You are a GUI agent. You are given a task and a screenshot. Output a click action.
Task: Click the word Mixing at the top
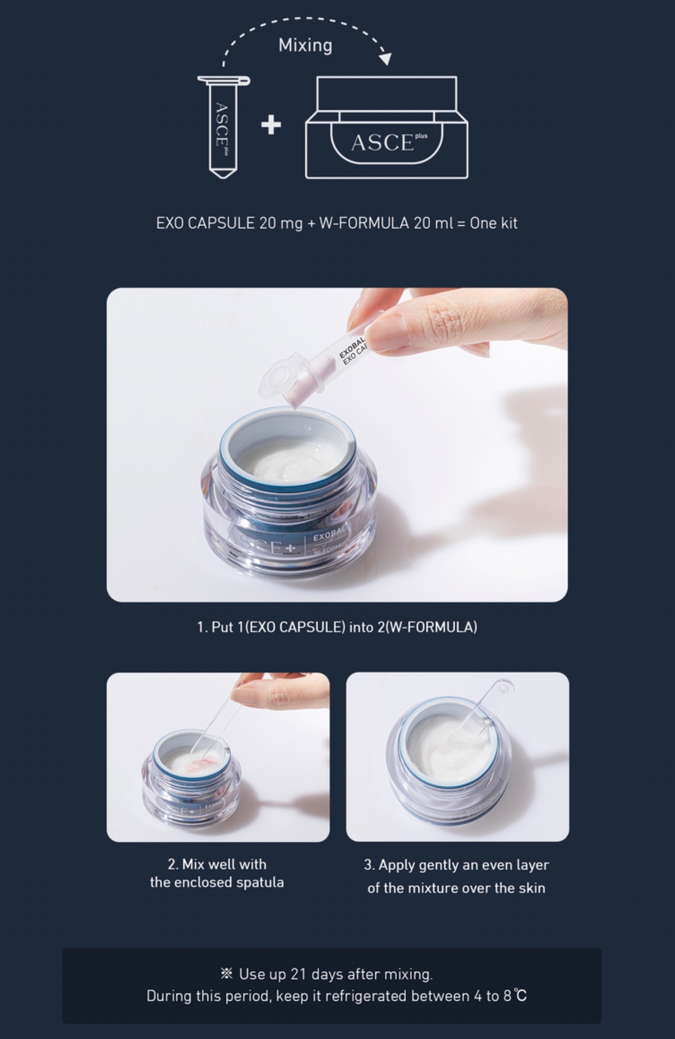pos(305,45)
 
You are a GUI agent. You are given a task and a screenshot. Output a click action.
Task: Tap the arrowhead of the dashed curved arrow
pos(386,58)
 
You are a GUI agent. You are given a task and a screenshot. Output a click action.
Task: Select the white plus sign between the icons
pos(271,125)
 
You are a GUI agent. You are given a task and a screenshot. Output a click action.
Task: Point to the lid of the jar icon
pos(387,94)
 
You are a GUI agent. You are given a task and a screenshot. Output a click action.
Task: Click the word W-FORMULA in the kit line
pos(364,223)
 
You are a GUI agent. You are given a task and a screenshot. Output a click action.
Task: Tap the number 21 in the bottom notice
pos(298,974)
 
